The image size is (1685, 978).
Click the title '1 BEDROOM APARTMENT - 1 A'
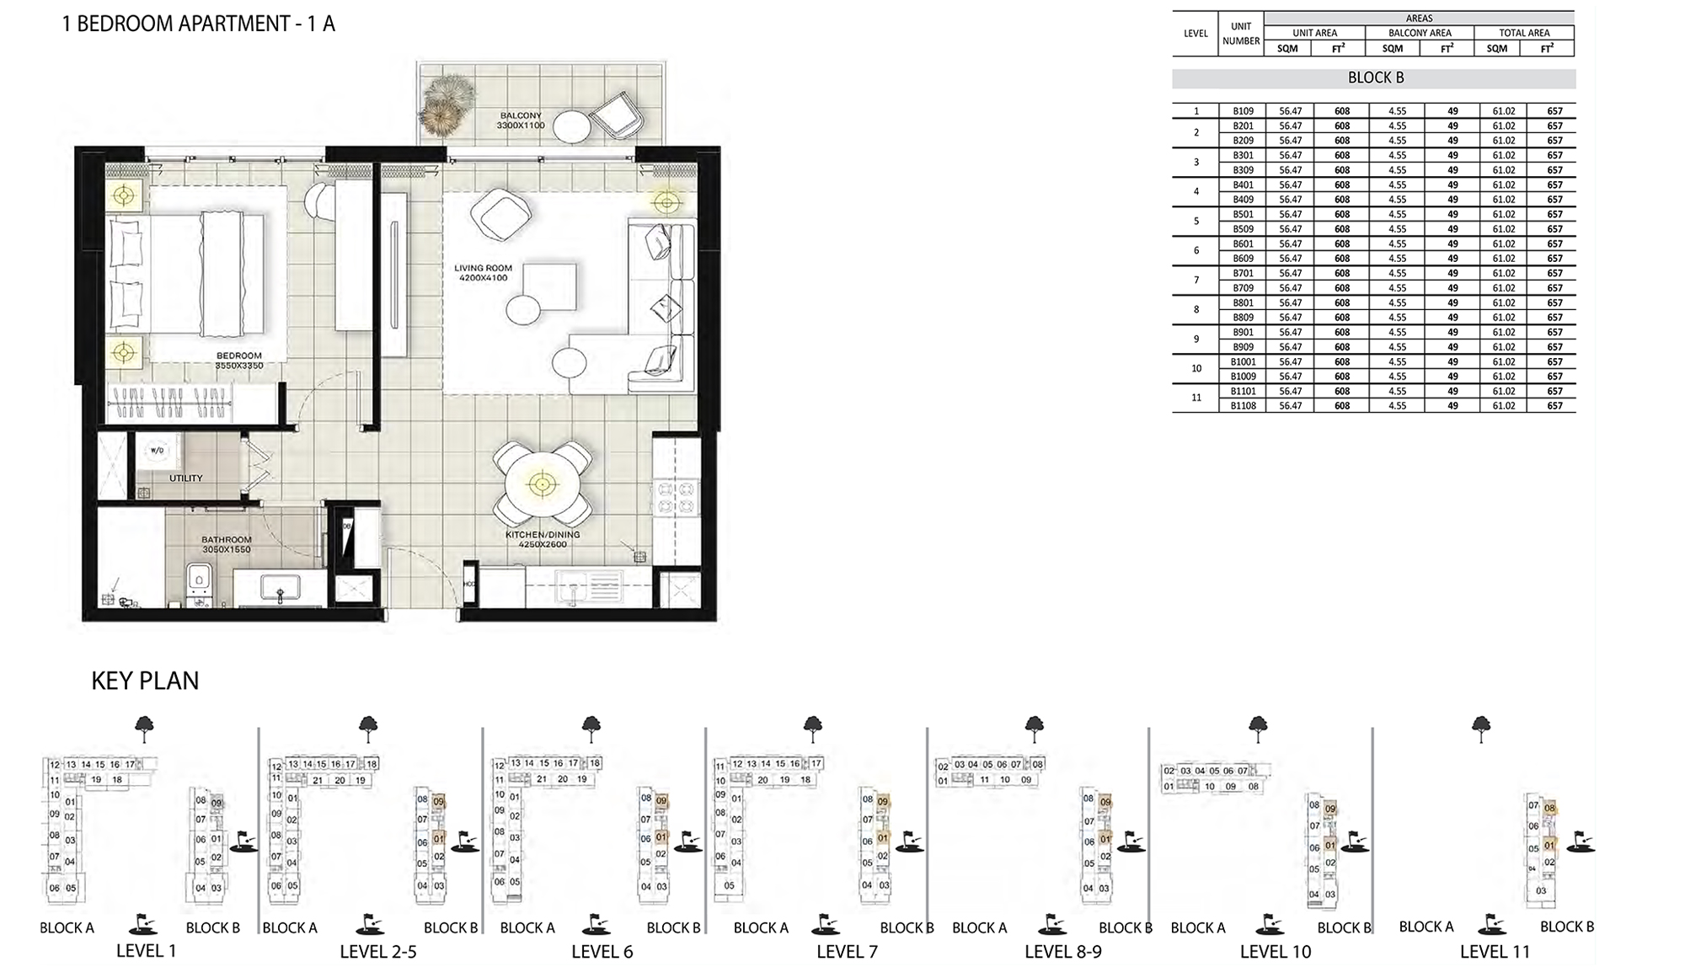pos(198,24)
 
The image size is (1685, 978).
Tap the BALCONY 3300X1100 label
pos(521,120)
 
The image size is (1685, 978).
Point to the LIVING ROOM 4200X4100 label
pos(483,273)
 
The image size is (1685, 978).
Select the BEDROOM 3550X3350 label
pos(239,361)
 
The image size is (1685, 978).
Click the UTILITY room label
pos(185,478)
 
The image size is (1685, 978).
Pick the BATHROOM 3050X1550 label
pos(226,544)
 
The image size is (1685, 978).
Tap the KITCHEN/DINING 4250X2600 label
pos(543,539)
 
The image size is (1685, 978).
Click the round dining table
pos(543,484)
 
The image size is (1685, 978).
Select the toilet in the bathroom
pos(199,581)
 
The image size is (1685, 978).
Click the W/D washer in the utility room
pos(158,451)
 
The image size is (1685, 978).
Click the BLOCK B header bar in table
pos(1374,78)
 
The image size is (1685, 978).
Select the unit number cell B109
pos(1243,110)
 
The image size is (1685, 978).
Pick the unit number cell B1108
pos(1243,405)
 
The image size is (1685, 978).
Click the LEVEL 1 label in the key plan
pos(146,951)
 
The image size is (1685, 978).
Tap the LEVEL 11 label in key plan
pos(1495,952)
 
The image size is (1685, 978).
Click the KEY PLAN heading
pos(145,681)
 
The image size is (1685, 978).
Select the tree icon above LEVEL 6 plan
pos(591,727)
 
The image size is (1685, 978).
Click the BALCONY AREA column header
pos(1420,33)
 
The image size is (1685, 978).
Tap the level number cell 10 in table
pos(1196,368)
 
